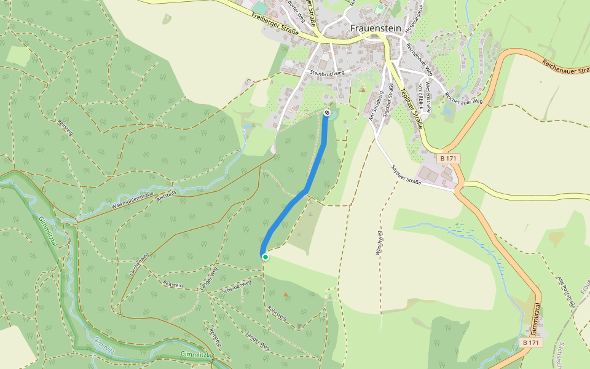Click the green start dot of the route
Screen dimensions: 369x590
[265, 256]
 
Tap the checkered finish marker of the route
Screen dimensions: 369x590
[327, 113]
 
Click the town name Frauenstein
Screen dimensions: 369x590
[376, 28]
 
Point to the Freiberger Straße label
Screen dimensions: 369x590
[275, 24]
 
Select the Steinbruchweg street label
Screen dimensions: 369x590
[327, 73]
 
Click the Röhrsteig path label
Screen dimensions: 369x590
[277, 314]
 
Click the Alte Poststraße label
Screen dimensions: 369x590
[564, 292]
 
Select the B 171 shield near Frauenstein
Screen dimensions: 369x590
[450, 159]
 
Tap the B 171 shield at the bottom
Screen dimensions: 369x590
[530, 342]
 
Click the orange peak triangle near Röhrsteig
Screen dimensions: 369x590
[285, 295]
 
